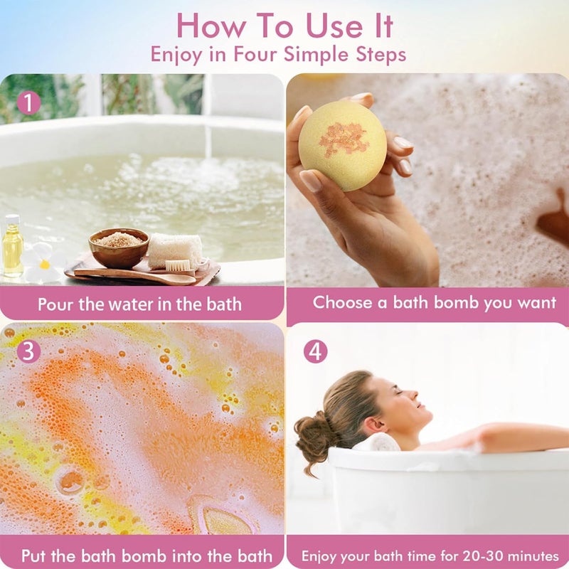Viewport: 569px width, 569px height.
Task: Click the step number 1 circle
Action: pyautogui.click(x=28, y=103)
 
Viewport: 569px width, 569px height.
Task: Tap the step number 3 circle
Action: pyautogui.click(x=28, y=352)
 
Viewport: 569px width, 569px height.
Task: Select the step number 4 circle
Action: pyautogui.click(x=315, y=351)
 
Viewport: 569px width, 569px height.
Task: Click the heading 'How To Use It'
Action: pyautogui.click(x=284, y=26)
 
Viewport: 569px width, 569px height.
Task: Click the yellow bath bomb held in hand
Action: pyautogui.click(x=342, y=145)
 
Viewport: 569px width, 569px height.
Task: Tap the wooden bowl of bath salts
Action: pyautogui.click(x=119, y=247)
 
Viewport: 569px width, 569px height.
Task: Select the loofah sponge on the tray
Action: pyautogui.click(x=175, y=250)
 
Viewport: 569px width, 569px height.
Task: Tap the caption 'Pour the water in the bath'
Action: pyautogui.click(x=139, y=304)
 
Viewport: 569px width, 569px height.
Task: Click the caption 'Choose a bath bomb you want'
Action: pyautogui.click(x=435, y=302)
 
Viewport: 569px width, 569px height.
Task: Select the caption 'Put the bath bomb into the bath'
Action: pyautogui.click(x=147, y=555)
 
